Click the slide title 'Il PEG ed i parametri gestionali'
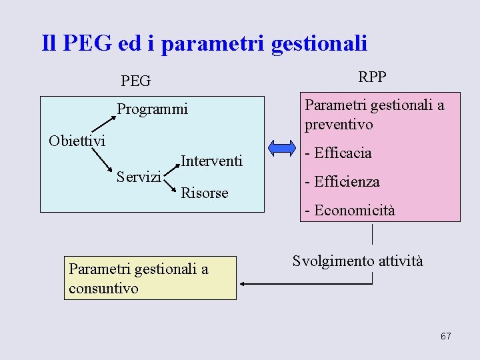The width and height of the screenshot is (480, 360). click(x=204, y=43)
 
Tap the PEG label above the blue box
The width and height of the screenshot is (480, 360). click(x=136, y=81)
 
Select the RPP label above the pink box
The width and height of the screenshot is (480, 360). click(x=372, y=77)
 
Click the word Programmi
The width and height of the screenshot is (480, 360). click(x=153, y=109)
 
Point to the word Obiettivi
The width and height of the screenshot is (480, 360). click(x=77, y=141)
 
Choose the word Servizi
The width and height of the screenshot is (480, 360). click(x=139, y=177)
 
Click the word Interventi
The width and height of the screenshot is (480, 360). click(x=211, y=161)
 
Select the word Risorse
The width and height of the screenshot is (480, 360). click(x=205, y=193)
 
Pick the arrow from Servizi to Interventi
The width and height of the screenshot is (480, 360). click(x=171, y=166)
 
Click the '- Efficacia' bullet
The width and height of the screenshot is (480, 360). click(x=338, y=153)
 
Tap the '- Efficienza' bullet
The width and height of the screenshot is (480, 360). click(x=342, y=181)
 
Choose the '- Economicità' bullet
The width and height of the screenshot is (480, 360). click(x=349, y=211)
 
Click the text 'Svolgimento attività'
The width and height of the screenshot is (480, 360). click(x=357, y=261)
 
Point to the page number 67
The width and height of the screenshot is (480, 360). click(x=445, y=336)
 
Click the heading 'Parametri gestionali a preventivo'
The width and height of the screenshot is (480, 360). click(x=374, y=115)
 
